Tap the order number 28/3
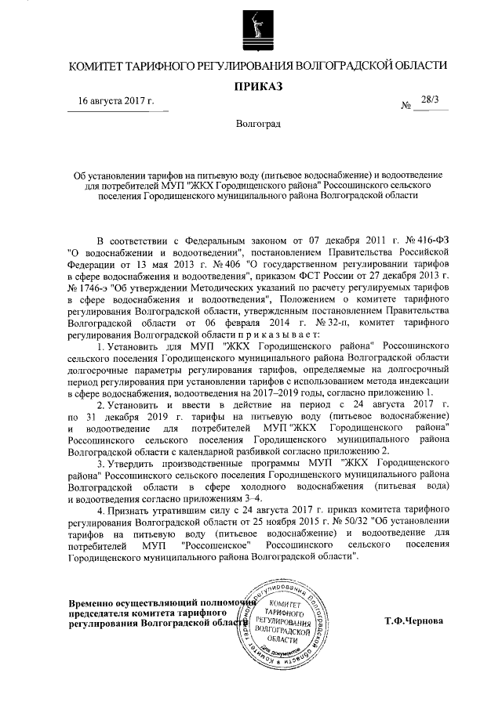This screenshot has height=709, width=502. [431, 100]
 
